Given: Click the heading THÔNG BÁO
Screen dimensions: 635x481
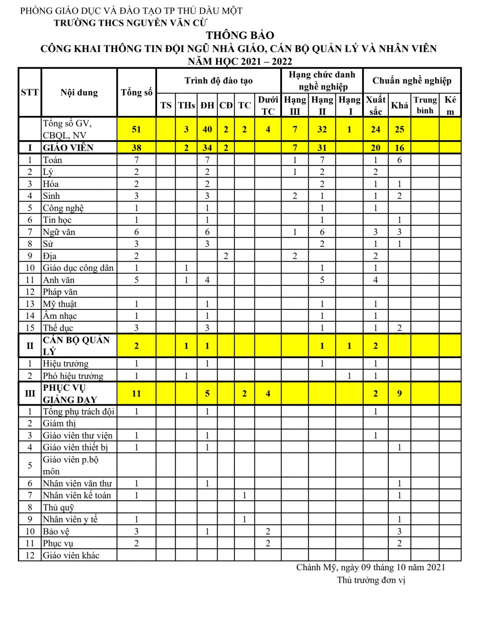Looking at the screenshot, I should (x=240, y=35).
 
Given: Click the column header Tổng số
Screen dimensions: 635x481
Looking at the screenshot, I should (x=136, y=92).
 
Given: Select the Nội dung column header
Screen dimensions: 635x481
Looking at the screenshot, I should (x=79, y=92).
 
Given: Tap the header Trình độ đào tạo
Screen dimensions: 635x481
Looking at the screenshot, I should (x=218, y=80).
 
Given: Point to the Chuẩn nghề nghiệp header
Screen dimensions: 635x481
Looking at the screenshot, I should (x=412, y=80).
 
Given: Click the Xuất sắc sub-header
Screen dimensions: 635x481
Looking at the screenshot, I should (x=376, y=105).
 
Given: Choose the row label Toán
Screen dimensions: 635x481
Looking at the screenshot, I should (x=53, y=160).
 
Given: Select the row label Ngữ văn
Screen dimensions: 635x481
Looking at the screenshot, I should (x=59, y=232).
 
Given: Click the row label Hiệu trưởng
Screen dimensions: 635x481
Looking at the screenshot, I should (x=66, y=364).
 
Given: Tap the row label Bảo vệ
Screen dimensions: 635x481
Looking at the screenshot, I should (x=56, y=532).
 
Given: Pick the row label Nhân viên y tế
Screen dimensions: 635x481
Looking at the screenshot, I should (x=70, y=519).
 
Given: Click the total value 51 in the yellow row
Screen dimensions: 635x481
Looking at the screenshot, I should (x=136, y=129).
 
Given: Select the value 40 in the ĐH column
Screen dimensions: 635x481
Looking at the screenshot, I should (x=207, y=129).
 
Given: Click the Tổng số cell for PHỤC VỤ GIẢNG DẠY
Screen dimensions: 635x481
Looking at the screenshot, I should (x=136, y=394).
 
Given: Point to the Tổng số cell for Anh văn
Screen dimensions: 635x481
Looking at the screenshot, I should (x=136, y=280).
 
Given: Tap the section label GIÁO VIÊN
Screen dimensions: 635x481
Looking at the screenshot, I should (x=68, y=148).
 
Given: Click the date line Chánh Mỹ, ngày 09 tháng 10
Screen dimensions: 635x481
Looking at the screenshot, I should (x=370, y=567).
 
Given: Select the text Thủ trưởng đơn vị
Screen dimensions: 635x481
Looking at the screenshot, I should (x=371, y=580).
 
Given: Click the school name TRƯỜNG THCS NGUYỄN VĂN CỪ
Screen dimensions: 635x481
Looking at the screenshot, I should (x=130, y=23).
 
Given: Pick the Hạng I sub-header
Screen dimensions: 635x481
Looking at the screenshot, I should (x=349, y=105).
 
